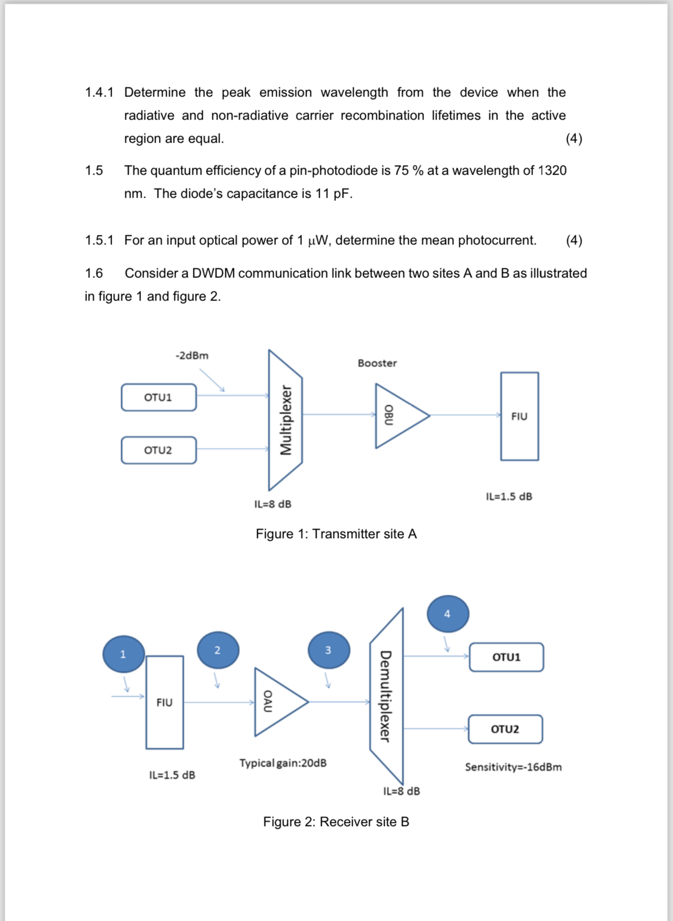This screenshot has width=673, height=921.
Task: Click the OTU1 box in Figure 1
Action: (158, 398)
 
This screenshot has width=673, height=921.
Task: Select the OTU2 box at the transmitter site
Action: (158, 451)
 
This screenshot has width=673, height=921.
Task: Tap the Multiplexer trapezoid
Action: (285, 420)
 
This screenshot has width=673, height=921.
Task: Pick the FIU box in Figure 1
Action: (519, 416)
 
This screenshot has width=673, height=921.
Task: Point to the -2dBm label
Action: (192, 356)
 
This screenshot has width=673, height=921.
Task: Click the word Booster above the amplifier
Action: (377, 363)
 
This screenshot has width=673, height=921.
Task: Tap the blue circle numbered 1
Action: (123, 654)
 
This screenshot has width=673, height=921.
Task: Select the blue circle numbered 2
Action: (218, 650)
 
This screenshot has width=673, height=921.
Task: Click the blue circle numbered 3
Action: (328, 650)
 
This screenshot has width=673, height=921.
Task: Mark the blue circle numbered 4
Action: (448, 614)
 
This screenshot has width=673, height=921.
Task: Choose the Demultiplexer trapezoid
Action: (387, 696)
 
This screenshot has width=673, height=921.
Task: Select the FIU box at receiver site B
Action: (165, 702)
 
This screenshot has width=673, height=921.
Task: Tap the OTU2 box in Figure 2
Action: (505, 729)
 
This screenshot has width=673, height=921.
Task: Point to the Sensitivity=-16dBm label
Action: (513, 767)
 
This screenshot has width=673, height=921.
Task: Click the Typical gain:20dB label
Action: (283, 763)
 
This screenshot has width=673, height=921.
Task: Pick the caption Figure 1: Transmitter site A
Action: (336, 534)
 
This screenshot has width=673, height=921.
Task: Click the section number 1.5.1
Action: (99, 240)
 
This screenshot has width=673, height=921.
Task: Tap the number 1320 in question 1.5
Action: (552, 170)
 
